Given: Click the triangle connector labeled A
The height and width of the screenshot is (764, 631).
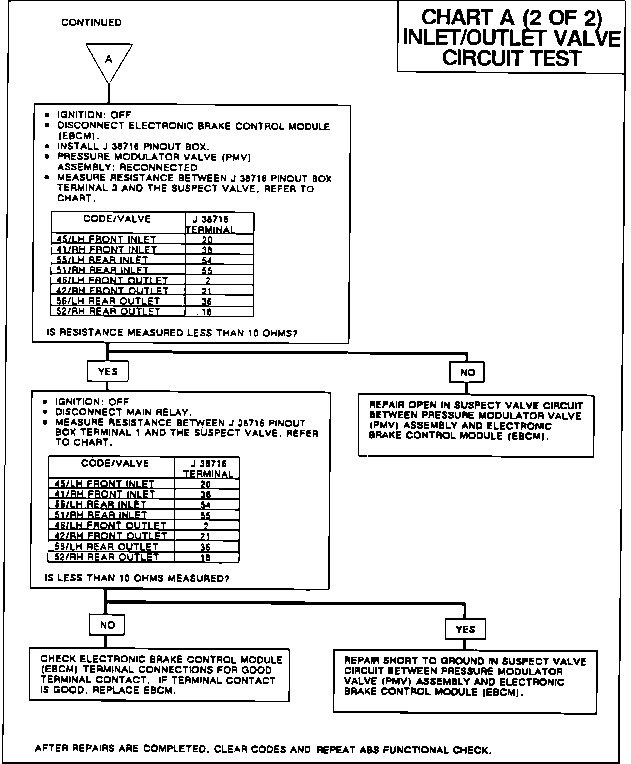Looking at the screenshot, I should click(x=109, y=60).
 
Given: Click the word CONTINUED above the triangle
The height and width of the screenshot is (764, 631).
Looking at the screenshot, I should click(x=91, y=23).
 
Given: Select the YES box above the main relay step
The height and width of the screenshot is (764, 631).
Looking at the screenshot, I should click(x=108, y=371).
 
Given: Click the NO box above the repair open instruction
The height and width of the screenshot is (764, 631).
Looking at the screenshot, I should click(x=467, y=372).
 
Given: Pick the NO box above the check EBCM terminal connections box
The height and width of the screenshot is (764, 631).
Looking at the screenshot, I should click(x=107, y=625).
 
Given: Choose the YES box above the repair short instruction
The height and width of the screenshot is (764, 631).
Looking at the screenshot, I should click(x=465, y=630).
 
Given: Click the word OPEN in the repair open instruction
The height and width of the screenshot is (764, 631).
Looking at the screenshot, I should click(x=422, y=405).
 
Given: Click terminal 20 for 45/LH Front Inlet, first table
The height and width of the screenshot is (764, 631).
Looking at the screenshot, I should click(x=207, y=240).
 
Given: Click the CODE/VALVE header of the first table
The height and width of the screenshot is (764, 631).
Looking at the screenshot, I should click(x=117, y=219).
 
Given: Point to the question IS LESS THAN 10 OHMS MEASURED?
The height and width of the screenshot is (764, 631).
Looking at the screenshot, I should click(x=137, y=579).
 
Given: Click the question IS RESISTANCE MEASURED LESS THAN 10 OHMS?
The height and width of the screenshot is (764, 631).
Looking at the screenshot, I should click(x=172, y=333).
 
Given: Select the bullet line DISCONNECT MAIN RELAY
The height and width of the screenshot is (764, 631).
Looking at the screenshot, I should click(x=123, y=412).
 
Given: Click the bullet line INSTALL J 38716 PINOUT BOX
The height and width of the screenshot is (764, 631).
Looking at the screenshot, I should click(x=133, y=146).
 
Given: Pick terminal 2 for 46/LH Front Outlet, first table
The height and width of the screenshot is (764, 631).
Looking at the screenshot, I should click(x=208, y=281).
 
